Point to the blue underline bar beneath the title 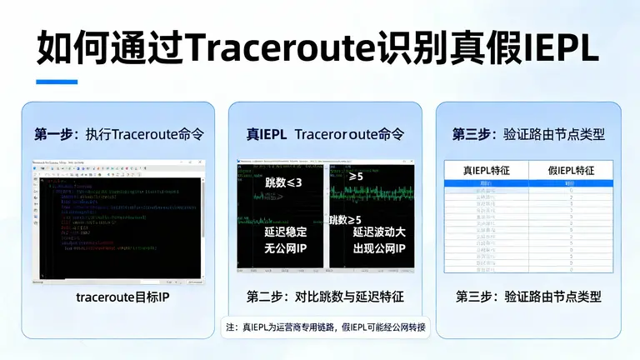tap(51, 82)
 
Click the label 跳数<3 tap(283, 182)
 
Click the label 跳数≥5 tap(349, 220)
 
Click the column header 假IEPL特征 tap(571, 170)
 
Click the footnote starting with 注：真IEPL tap(324, 327)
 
